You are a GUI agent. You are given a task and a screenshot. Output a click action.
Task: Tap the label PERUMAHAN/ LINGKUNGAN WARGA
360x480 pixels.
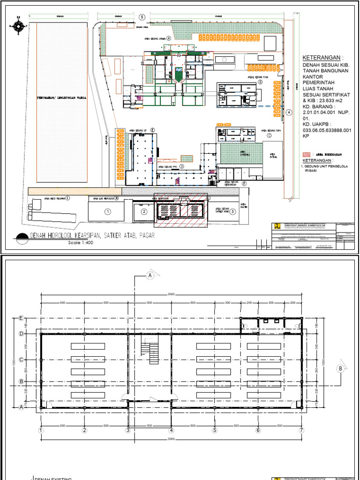pyautogui.click(x=61, y=98)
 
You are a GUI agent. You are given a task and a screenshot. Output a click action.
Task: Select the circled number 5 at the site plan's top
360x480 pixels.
pyautogui.click(x=142, y=17)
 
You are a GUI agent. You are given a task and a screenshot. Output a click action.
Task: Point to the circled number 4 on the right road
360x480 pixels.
pyautogui.click(x=289, y=112)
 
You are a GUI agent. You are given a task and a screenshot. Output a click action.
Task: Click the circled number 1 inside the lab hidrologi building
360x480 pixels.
pyautogui.click(x=108, y=212)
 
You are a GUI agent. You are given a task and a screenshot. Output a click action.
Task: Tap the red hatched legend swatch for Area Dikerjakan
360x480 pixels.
pyautogui.click(x=306, y=153)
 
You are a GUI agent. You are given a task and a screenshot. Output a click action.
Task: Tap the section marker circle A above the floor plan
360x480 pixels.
pyautogui.click(x=150, y=275)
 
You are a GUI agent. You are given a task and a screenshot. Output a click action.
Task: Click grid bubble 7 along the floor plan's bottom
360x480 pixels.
pyautogui.click(x=301, y=430)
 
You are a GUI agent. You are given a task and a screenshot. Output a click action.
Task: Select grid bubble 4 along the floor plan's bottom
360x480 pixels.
pyautogui.click(x=172, y=430)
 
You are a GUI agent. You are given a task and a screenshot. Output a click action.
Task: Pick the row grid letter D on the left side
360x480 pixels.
pyautogui.click(x=21, y=334)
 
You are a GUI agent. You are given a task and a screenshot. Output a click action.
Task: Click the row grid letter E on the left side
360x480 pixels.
pyautogui.click(x=21, y=318)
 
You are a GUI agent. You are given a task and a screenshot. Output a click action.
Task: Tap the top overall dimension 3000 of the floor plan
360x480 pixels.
pyautogui.click(x=172, y=294)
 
